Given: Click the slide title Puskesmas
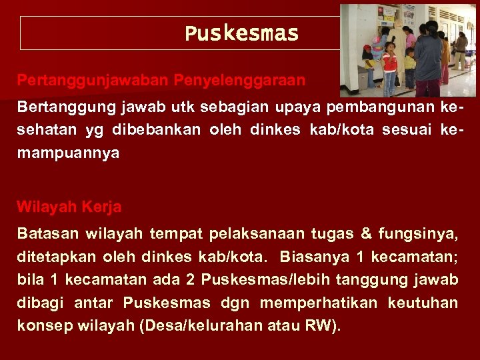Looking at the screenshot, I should click(241, 33).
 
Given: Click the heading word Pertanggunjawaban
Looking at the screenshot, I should click(93, 80).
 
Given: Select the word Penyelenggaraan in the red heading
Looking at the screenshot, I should click(239, 80).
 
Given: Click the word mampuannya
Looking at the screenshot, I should click(68, 153).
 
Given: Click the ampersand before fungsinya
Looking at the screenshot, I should click(366, 233).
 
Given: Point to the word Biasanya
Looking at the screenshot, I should click(313, 257).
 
